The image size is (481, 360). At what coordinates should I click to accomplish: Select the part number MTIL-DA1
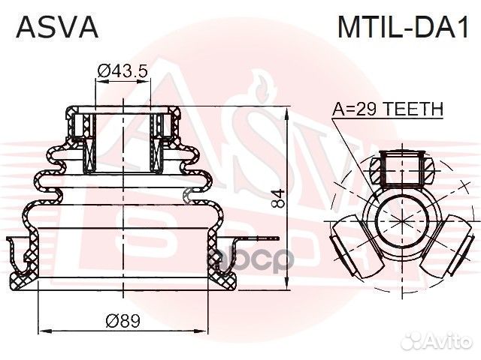tap(402, 28)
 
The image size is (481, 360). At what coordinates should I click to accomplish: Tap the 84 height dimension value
tap(279, 198)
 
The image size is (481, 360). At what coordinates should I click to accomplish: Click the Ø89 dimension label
tap(123, 321)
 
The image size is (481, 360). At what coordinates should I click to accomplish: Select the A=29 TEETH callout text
tap(388, 109)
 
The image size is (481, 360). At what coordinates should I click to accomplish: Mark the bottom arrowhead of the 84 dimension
tap(288, 287)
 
